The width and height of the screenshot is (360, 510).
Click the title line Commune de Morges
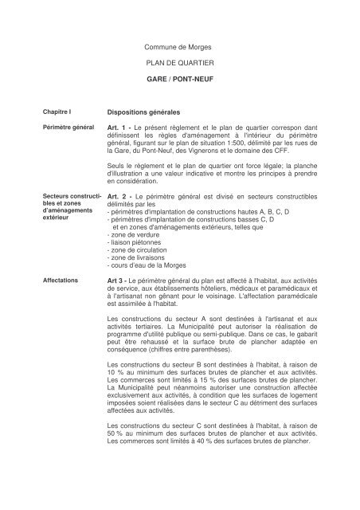pos(180,48)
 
